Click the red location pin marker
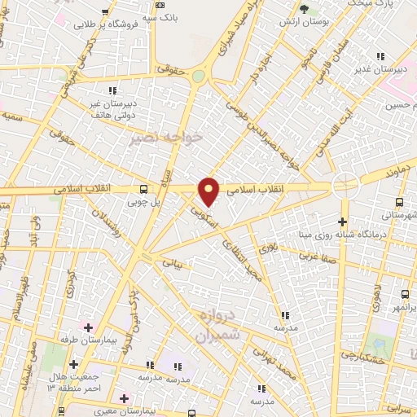pos(209,191)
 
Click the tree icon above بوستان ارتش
pos(305,9)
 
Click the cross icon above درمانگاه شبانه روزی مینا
pos(342,221)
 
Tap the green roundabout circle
pos(198,76)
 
